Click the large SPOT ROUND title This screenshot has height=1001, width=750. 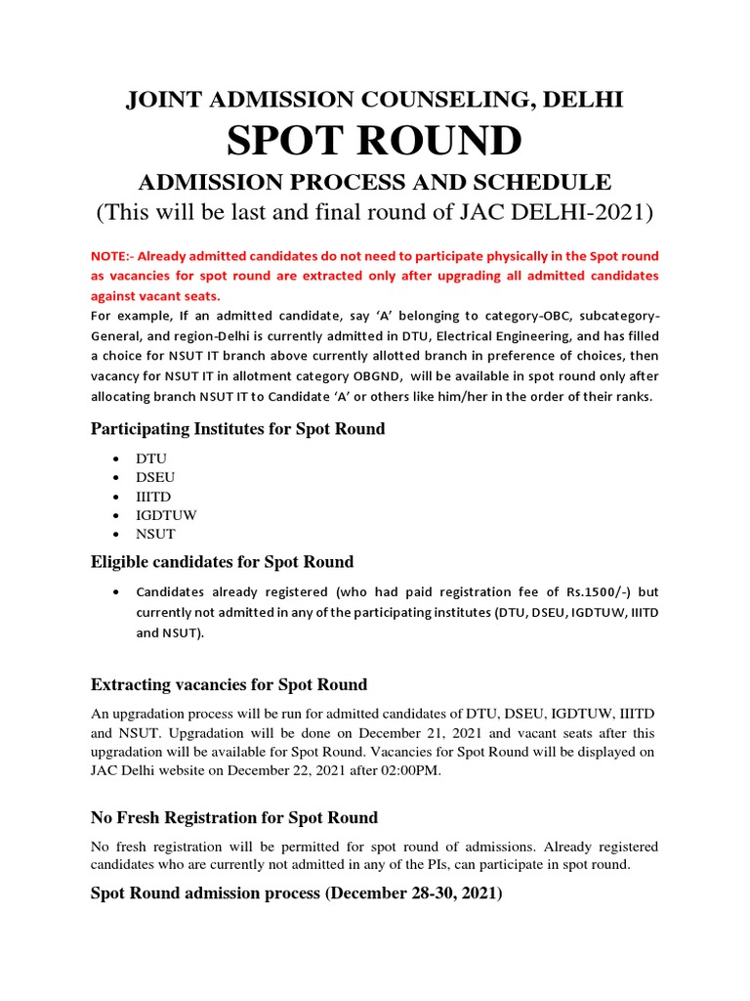[x=374, y=141]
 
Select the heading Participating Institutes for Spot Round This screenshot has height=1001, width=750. [x=237, y=429]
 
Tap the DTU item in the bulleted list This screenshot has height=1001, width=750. [x=152, y=458]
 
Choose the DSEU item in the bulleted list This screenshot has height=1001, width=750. [x=156, y=477]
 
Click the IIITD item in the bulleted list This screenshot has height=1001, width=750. [x=154, y=497]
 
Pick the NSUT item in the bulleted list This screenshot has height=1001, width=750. [x=156, y=535]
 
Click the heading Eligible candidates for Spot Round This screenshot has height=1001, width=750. [x=222, y=562]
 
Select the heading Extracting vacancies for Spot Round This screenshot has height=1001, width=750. [x=229, y=684]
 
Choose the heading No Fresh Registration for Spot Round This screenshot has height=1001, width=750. [x=234, y=817]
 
